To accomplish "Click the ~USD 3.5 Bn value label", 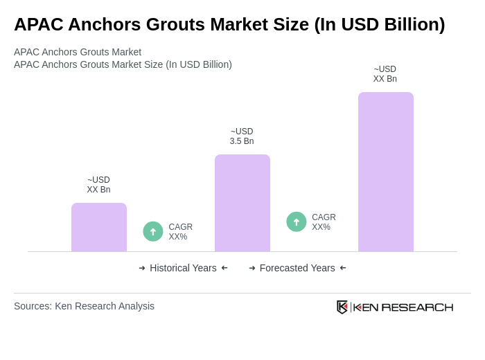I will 242,136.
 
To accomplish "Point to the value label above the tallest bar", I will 385,74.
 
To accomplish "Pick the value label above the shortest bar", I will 98,185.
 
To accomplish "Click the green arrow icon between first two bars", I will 153,231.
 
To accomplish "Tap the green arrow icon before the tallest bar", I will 297,222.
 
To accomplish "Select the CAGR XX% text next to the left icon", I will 181,232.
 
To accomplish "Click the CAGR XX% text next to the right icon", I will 324,222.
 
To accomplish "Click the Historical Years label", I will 183,268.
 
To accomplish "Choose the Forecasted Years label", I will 297,268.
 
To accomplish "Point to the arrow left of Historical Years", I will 142,268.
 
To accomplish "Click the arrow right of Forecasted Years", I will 343,268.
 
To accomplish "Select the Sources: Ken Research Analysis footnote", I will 84,306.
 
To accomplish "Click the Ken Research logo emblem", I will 342,307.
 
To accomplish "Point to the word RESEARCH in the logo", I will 417,307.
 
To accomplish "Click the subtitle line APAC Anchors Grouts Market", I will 78,52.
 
